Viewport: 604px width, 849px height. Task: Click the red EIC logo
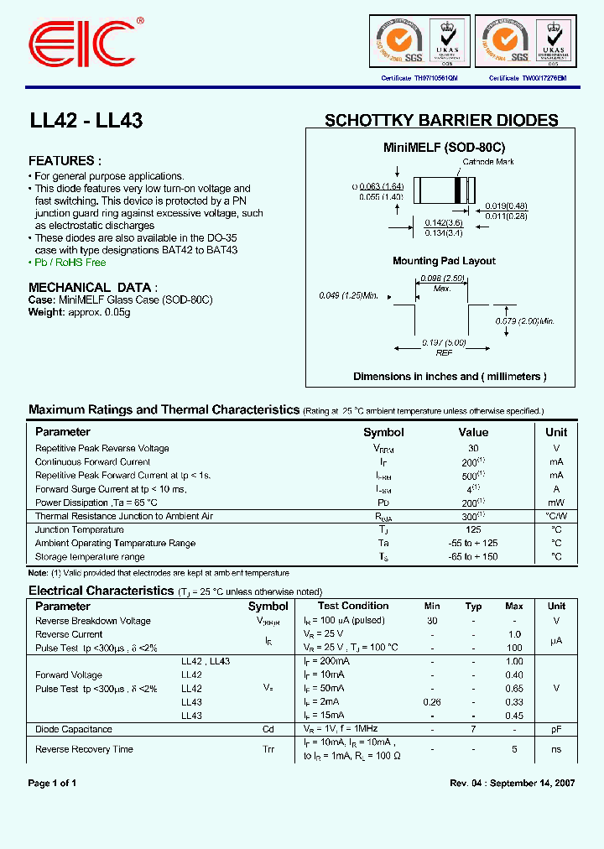tap(81, 43)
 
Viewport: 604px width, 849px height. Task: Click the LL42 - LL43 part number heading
tap(86, 121)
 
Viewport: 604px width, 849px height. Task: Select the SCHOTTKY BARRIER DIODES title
tap(441, 121)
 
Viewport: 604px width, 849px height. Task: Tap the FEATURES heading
tap(65, 160)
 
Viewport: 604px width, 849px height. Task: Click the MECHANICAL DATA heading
tap(92, 287)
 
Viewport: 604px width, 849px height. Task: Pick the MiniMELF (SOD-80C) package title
tap(444, 147)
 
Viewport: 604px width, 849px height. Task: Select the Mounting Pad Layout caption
tap(444, 261)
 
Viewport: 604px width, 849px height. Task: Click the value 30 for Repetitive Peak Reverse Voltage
tap(473, 448)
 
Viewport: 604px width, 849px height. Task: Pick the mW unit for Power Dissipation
tap(556, 503)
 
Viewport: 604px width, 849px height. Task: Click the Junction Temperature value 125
tap(473, 529)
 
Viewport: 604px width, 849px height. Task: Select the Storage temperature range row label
tap(90, 556)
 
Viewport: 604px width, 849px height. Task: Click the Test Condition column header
tap(353, 606)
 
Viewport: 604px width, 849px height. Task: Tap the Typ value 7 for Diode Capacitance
tap(473, 729)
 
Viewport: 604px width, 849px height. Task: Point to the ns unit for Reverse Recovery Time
tap(556, 749)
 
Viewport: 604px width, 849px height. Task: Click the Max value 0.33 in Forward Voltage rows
tap(514, 702)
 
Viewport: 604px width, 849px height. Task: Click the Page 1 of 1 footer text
tap(53, 783)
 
